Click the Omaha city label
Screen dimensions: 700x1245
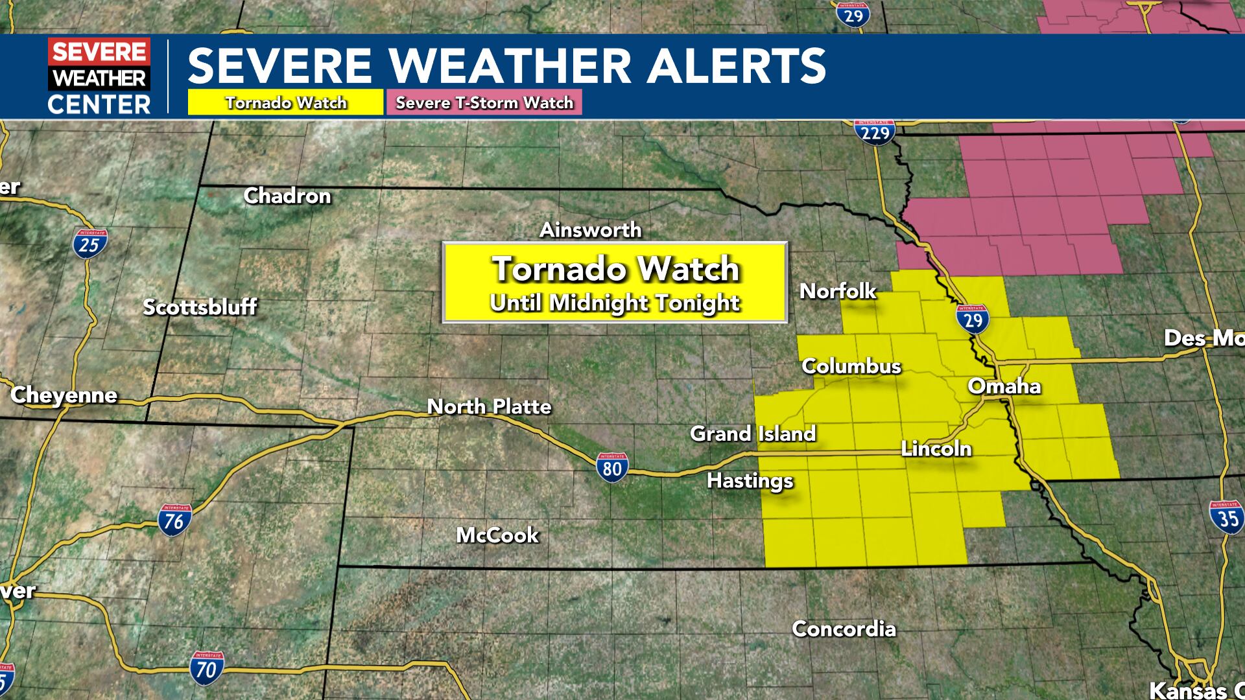1004,386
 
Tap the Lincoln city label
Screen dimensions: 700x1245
936,449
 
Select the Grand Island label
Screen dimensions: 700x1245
753,434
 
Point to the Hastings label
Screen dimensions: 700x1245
750,481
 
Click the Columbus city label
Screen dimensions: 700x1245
851,366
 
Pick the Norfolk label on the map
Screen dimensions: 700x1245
838,291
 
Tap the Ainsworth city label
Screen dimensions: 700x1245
591,230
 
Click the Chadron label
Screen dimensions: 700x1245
287,196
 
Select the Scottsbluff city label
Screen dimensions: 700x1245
200,307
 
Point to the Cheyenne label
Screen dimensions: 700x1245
64,395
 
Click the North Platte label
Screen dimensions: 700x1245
489,406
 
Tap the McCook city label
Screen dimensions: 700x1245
497,535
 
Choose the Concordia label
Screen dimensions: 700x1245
844,629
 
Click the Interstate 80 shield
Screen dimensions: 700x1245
611,467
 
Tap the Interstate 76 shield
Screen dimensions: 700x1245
174,519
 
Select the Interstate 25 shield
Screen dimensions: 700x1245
89,243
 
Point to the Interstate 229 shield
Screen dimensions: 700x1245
875,132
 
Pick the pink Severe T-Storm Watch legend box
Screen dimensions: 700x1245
484,102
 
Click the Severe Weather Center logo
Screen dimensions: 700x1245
99,76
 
